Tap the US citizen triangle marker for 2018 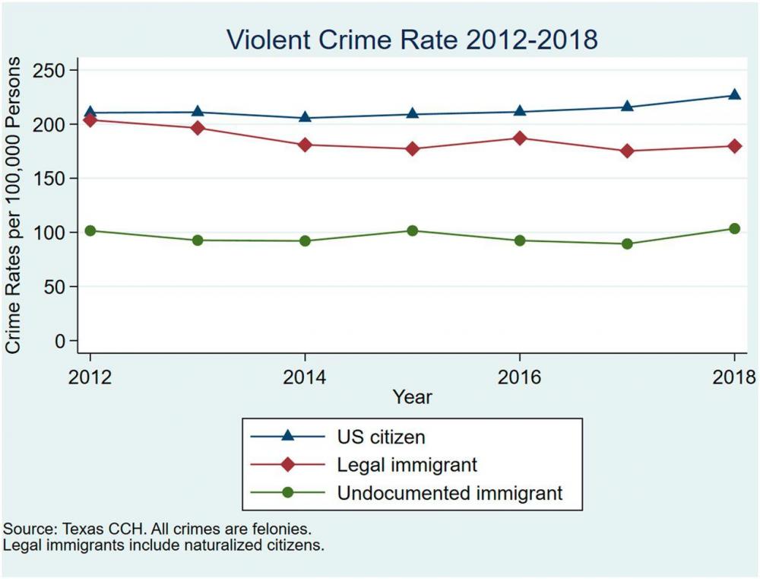734,95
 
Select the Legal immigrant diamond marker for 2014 305,145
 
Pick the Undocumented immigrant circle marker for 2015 412,231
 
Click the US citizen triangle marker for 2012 90,113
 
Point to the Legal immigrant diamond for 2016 520,138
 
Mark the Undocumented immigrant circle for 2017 627,243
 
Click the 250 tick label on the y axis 51,70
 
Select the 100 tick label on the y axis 51,232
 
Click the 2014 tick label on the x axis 305,377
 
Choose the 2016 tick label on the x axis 520,377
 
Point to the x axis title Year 413,396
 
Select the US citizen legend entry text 381,437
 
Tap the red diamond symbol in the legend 287,464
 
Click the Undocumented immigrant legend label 450,492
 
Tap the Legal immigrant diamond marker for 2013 198,127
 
